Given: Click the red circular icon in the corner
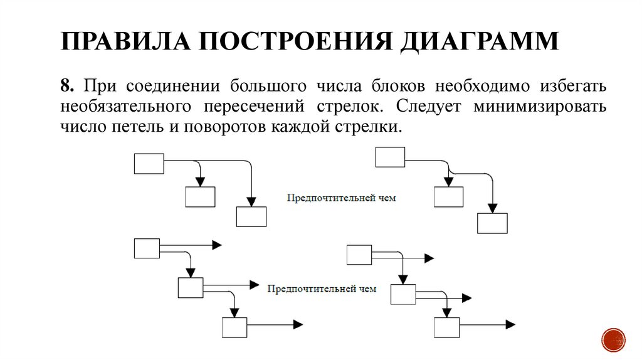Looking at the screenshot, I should click(x=613, y=339).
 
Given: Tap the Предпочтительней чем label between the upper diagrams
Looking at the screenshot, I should click(x=342, y=198).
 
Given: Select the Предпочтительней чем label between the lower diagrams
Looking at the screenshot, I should click(x=322, y=289).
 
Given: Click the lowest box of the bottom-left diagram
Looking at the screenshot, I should click(x=234, y=327).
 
